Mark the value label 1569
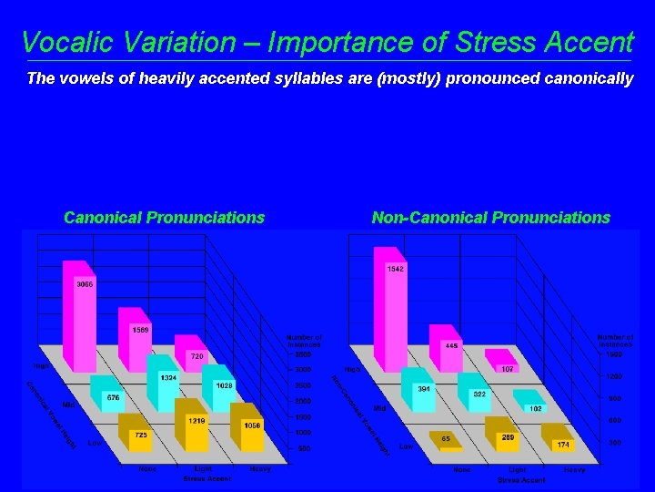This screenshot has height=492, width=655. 141,329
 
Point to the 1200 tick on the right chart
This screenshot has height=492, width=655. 614,376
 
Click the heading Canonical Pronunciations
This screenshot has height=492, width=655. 164,218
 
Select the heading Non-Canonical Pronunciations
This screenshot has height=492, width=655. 490,218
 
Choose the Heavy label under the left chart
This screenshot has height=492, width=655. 259,468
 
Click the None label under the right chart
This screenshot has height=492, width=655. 463,469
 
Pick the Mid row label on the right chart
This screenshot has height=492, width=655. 379,408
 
